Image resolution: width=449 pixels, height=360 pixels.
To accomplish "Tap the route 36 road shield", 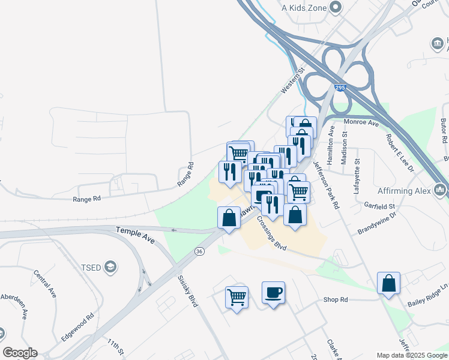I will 199,251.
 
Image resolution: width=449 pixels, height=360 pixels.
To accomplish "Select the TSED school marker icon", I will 110,266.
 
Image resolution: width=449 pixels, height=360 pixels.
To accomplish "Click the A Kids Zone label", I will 306,8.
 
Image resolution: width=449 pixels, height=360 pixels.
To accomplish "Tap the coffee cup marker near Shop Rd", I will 273,293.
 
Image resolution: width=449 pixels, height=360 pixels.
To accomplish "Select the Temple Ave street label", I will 135,235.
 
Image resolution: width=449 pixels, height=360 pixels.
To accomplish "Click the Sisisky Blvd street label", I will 187,291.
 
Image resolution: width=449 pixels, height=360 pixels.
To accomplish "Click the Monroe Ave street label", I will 361,122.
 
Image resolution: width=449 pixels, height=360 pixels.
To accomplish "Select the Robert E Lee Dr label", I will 401,151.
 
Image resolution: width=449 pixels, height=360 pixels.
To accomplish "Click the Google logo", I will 20,353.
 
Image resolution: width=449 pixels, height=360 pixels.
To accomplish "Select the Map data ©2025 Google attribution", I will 412,355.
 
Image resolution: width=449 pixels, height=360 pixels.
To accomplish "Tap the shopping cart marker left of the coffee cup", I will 237,296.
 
